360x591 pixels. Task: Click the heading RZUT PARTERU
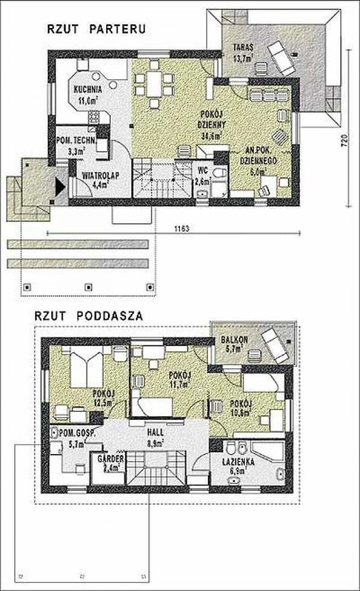(96, 29)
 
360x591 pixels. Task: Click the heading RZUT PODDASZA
(89, 316)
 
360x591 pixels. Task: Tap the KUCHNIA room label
(87, 89)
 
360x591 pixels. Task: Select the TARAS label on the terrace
(242, 48)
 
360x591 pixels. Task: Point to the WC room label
(203, 170)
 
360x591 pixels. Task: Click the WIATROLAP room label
(100, 175)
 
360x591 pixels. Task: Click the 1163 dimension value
(182, 229)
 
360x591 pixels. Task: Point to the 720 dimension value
(343, 141)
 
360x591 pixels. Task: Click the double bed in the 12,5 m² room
(86, 368)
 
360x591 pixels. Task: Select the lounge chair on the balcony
(276, 346)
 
